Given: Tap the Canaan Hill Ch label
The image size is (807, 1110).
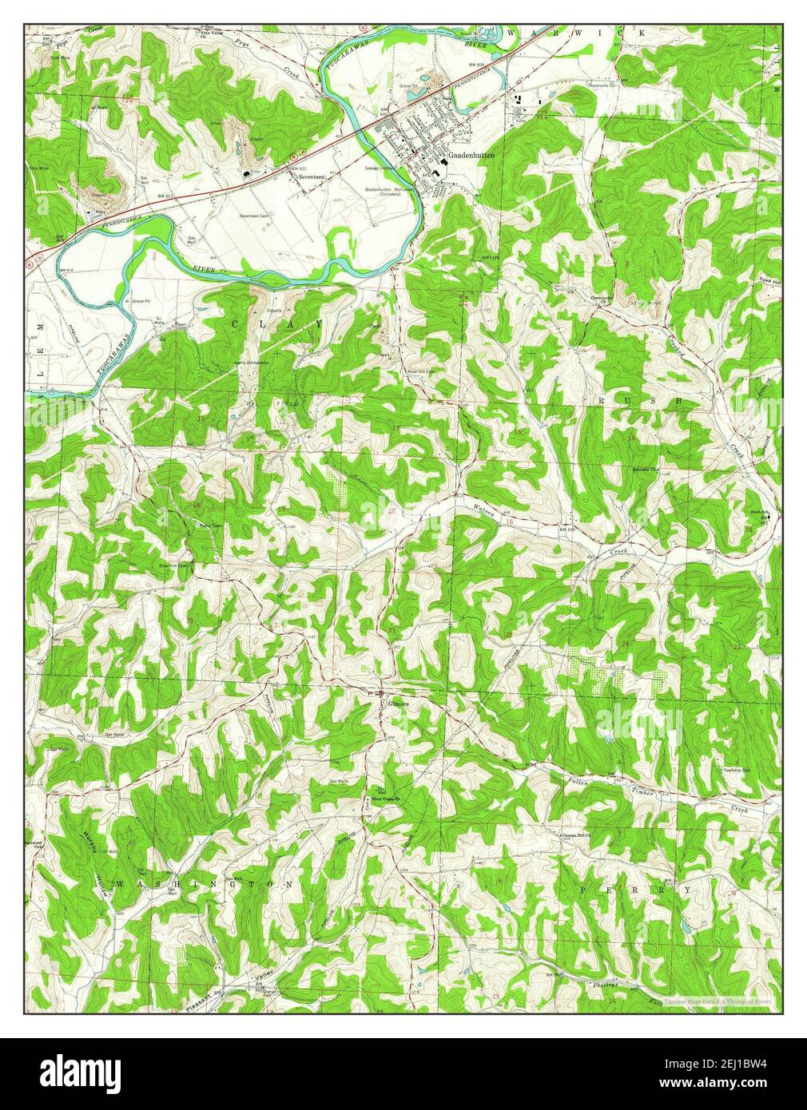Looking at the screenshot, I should coord(574,835).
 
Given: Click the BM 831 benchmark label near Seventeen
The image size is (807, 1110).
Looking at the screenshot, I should coord(300,168).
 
